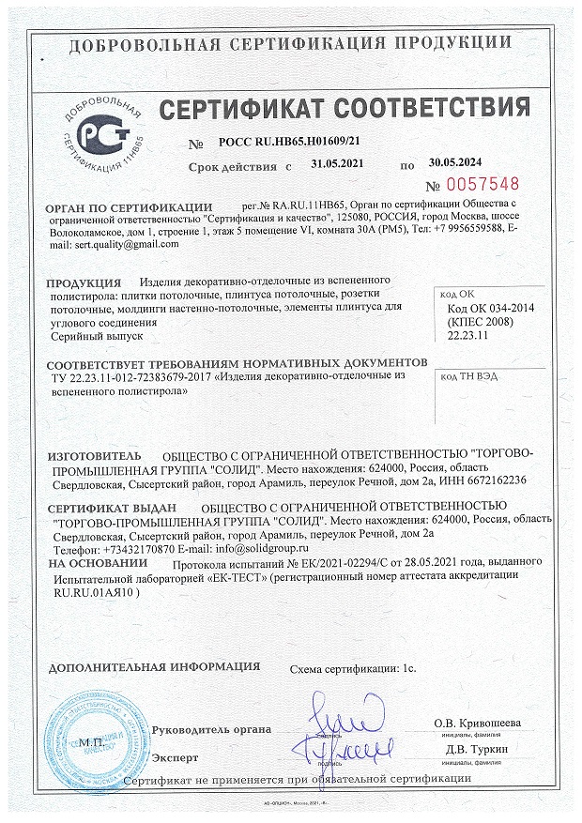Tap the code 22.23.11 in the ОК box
[x=467, y=333]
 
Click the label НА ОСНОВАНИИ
[x=98, y=565]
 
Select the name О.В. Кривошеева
[x=478, y=723]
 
